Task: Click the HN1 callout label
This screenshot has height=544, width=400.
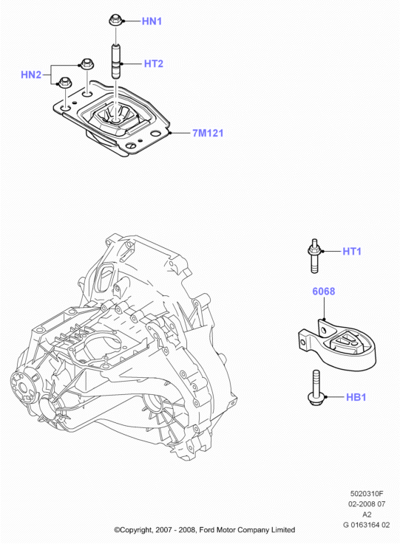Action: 152,21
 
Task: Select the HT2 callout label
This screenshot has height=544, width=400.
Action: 154,63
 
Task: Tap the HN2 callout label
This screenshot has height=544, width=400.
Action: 31,75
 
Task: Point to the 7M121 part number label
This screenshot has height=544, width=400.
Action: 208,133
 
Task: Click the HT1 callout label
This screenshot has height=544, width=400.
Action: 352,251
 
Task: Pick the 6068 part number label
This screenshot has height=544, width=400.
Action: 324,291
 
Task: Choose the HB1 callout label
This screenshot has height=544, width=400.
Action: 356,397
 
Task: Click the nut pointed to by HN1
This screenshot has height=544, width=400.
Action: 115,20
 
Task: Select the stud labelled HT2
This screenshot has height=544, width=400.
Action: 116,61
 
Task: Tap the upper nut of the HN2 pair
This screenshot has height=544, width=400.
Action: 87,63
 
